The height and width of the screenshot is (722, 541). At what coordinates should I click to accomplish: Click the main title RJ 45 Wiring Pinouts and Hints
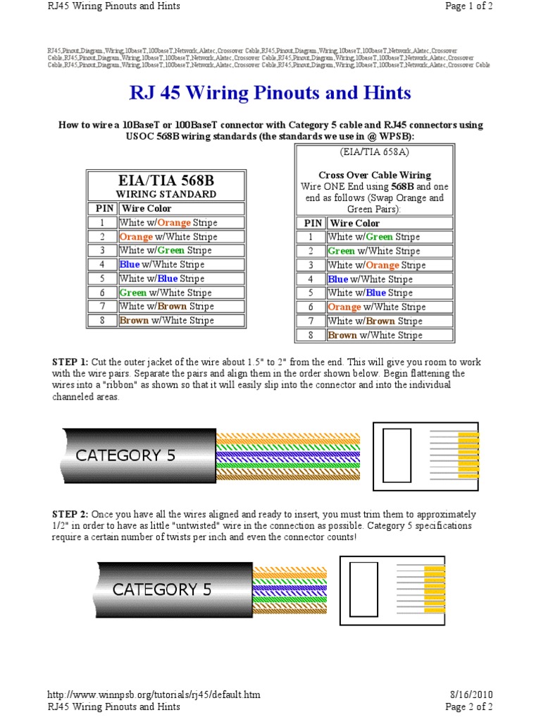[270, 93]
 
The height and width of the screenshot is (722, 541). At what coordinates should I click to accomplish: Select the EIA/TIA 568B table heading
[166, 180]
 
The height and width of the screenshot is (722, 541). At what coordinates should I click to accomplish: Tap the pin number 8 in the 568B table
[101, 320]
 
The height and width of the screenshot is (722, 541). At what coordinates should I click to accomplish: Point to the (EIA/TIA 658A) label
[375, 152]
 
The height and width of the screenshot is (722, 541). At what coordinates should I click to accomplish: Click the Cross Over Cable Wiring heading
[375, 175]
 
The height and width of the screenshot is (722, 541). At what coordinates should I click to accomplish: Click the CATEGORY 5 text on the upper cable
[125, 455]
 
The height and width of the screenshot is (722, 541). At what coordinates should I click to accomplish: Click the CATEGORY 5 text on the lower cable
[162, 589]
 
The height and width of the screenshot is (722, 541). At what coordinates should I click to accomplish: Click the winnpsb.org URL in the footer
[154, 695]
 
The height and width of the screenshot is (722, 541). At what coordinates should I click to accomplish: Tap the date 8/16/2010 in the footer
[468, 695]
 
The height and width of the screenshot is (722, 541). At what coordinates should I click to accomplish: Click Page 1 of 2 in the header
[468, 6]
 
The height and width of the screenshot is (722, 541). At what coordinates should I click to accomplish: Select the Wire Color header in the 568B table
[147, 209]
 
